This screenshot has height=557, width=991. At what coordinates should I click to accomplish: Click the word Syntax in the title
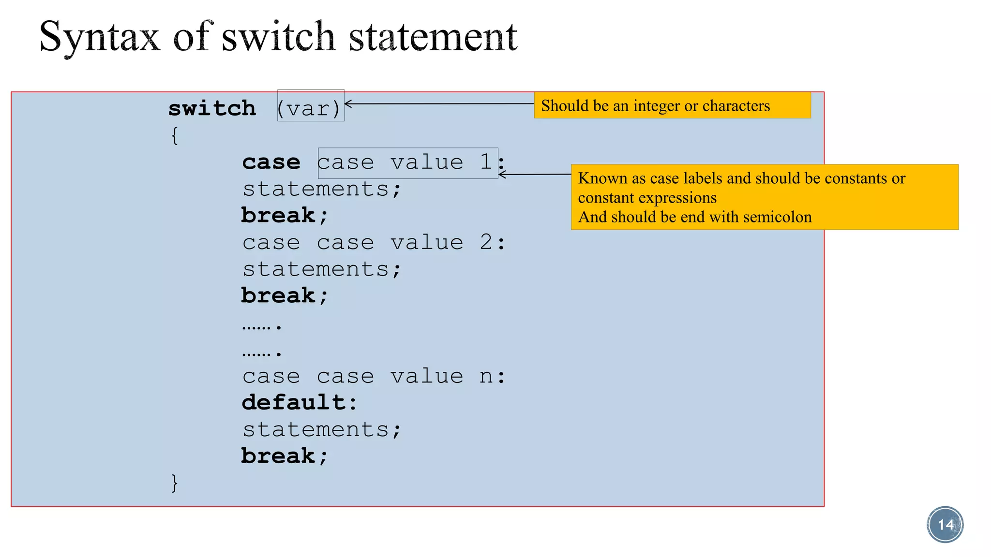[99, 38]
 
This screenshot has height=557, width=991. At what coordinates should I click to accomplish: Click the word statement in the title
[433, 38]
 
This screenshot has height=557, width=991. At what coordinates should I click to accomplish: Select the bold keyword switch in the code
[212, 108]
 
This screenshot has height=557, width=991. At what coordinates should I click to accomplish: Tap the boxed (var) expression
[310, 108]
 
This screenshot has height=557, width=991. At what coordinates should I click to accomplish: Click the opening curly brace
[175, 136]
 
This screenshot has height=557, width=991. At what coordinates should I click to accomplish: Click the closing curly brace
[175, 483]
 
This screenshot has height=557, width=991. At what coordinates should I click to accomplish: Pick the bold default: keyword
[299, 402]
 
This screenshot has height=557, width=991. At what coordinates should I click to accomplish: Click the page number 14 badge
[945, 525]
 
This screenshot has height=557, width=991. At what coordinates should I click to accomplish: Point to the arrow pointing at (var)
[438, 103]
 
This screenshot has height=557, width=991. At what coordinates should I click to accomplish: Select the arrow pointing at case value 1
[534, 174]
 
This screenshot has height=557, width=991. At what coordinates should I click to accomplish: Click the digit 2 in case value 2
[486, 242]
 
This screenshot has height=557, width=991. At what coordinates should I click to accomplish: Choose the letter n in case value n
[486, 377]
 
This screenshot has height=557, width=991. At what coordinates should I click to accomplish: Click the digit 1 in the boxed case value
[486, 162]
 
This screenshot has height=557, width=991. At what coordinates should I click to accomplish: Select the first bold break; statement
[285, 216]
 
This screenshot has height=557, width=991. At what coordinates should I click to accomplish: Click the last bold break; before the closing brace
[285, 456]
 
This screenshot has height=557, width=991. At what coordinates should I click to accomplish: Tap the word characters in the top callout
[736, 106]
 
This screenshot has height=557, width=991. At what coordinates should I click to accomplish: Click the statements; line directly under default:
[322, 429]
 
